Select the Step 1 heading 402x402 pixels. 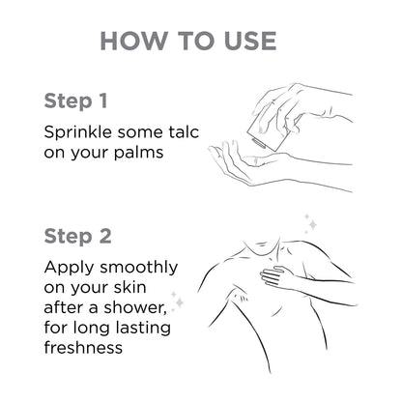[x=75, y=101]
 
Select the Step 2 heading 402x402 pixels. [x=77, y=237]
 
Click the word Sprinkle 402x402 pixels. [x=77, y=132]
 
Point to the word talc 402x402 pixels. [x=184, y=132]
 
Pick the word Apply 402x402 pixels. [x=69, y=268]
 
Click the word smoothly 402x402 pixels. [x=139, y=268]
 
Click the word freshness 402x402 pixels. [x=83, y=347]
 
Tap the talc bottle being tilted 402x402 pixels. [x=268, y=131]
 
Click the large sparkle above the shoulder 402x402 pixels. [x=312, y=224]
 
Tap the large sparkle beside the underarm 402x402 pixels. [x=180, y=302]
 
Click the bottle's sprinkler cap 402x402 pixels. [x=258, y=143]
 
